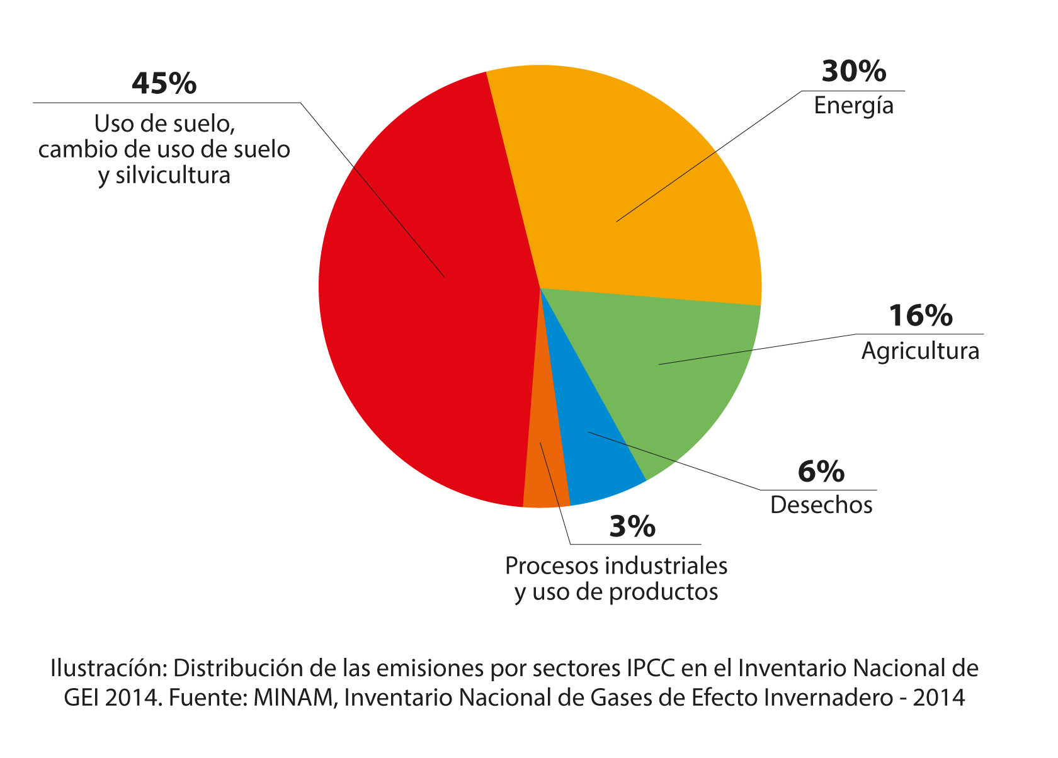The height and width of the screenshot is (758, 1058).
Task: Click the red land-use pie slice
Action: click(409, 315)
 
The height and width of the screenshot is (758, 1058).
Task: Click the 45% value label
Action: click(164, 84)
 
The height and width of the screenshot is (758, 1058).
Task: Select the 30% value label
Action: click(853, 72)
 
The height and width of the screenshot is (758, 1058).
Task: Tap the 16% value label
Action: click(920, 315)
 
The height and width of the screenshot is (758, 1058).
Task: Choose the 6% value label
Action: click(821, 472)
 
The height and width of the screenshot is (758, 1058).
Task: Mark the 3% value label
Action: click(632, 526)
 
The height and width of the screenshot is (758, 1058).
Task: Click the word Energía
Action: click(853, 105)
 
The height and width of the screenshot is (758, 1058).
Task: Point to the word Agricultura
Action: click(920, 351)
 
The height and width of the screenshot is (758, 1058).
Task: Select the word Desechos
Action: click(821, 505)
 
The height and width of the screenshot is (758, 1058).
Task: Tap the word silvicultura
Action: click(173, 175)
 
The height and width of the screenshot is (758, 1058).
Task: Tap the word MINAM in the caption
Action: click(293, 697)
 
